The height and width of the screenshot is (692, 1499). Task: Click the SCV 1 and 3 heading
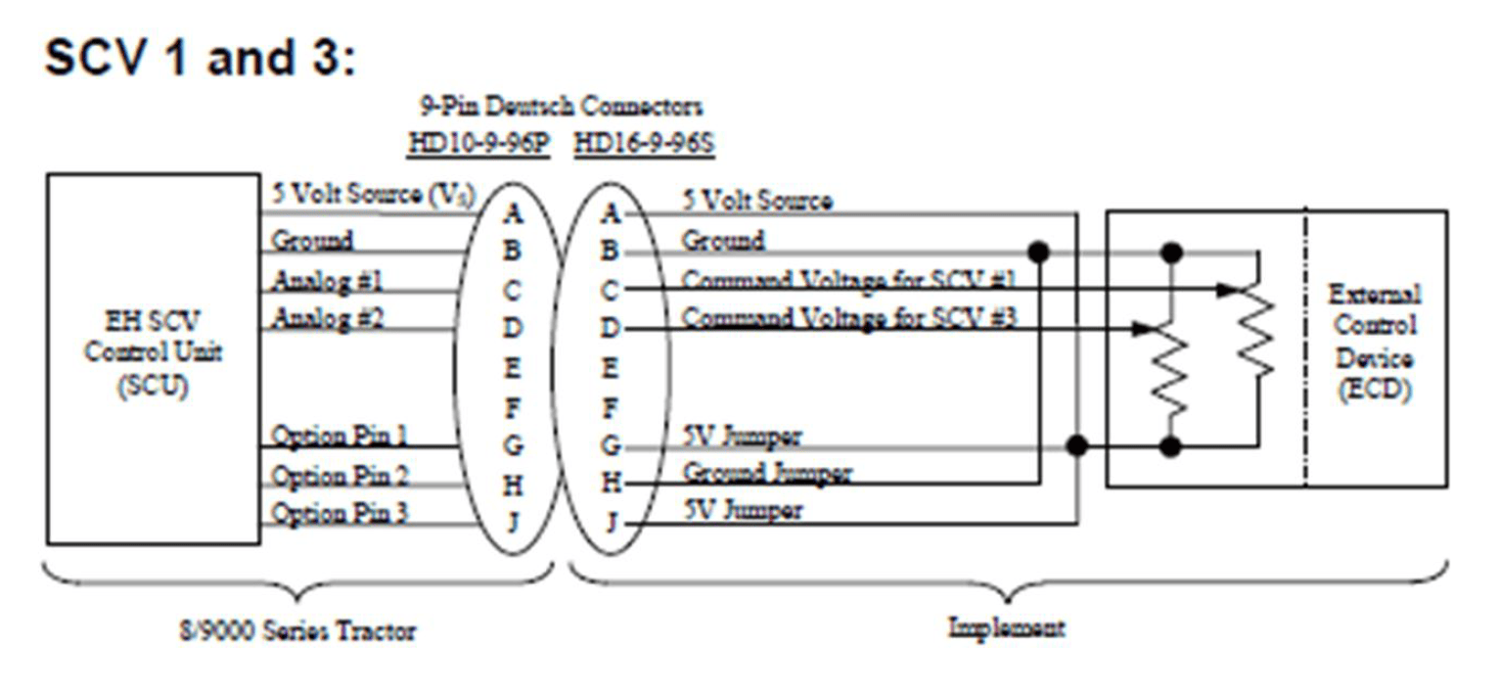click(x=200, y=58)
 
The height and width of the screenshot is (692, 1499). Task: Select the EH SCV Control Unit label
click(x=154, y=353)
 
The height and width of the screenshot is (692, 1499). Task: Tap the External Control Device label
click(x=1375, y=342)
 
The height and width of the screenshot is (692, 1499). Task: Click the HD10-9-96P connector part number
click(x=479, y=143)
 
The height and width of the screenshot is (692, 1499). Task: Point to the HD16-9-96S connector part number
click(x=645, y=143)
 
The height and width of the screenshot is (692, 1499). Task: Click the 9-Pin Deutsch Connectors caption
click(x=561, y=107)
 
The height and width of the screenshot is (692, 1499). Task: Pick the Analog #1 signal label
click(x=327, y=280)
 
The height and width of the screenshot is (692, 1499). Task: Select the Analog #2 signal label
click(x=328, y=317)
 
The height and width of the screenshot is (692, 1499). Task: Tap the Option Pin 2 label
click(x=340, y=476)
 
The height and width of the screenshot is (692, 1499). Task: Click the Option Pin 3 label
click(x=340, y=513)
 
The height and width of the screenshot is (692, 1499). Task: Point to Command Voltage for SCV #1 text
click(x=848, y=280)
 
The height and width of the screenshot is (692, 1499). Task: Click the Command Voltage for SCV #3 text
click(x=848, y=317)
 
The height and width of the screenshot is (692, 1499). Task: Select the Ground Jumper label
click(x=767, y=473)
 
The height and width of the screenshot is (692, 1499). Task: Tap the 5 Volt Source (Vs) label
click(x=374, y=194)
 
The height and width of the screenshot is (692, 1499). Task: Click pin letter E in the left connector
click(x=512, y=367)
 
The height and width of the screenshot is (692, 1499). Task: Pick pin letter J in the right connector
click(x=611, y=522)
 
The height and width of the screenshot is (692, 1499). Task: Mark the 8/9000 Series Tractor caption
click(x=297, y=630)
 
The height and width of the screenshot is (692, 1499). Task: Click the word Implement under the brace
click(x=1007, y=627)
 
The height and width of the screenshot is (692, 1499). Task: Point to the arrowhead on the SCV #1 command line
click(x=1226, y=290)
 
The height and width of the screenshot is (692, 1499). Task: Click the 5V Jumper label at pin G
click(x=742, y=437)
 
